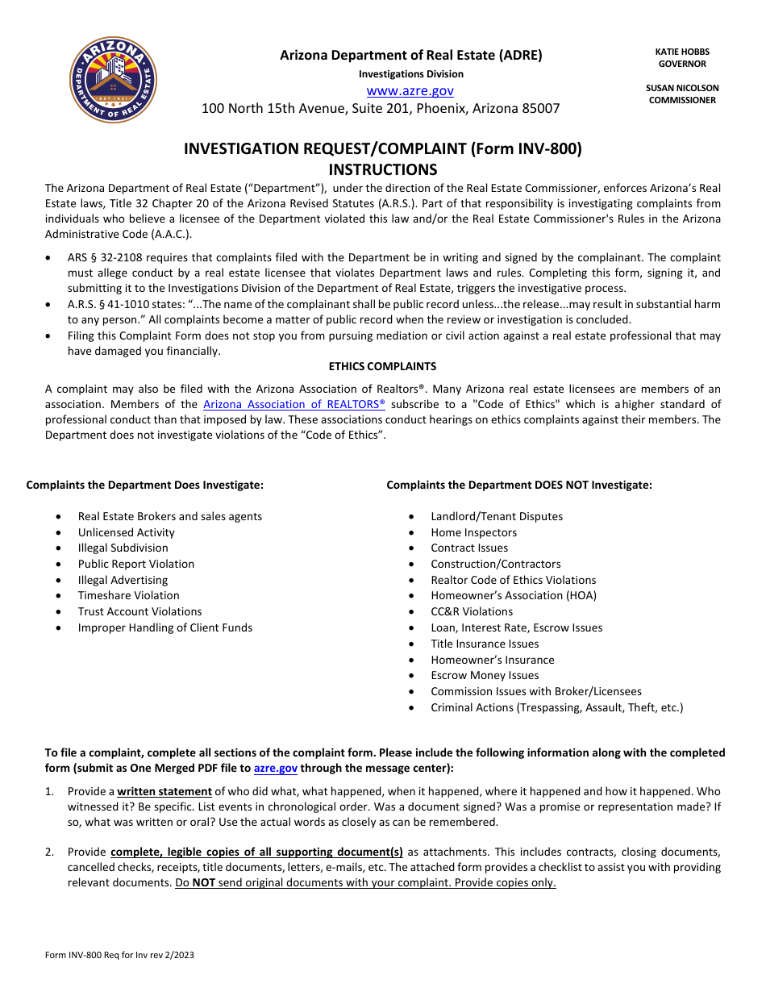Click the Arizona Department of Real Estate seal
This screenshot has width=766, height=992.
(114, 80)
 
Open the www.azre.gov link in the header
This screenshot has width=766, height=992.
(410, 91)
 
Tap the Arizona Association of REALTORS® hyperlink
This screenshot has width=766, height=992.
(294, 404)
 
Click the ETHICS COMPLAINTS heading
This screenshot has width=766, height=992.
(383, 366)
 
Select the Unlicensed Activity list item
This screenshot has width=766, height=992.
(126, 532)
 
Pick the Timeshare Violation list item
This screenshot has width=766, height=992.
(128, 595)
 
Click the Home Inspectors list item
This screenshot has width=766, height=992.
(473, 532)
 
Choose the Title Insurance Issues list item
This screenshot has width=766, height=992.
(485, 644)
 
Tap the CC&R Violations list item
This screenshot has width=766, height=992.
(472, 611)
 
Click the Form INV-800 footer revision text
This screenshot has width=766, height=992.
(119, 955)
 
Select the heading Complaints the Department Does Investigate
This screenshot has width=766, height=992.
(145, 485)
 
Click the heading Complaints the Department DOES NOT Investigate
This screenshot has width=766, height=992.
(519, 485)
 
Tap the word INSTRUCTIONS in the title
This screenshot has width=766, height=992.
(383, 169)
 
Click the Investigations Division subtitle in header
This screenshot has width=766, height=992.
(411, 73)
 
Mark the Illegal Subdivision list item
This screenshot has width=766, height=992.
(123, 548)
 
